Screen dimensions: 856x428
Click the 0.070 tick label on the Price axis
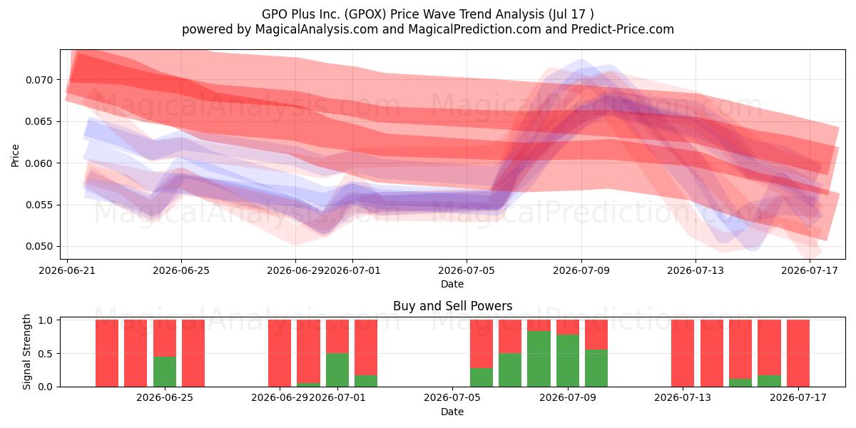coord(39,80)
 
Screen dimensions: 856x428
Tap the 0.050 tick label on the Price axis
coord(39,247)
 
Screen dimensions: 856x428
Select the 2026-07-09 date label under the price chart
coord(581,270)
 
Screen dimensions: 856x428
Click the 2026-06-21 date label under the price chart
coord(67,270)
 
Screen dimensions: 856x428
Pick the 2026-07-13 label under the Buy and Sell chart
coord(683,398)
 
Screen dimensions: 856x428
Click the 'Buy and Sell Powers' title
coord(452,306)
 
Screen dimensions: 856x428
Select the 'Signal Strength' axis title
coord(26,352)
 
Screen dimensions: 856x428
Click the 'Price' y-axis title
coord(15,156)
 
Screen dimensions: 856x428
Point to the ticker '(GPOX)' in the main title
coord(365,14)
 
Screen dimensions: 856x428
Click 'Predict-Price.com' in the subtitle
coord(623,29)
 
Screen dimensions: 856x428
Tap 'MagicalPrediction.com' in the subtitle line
coord(474,29)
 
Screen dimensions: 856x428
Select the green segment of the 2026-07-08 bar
coord(539,359)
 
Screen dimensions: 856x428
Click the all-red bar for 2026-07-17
coord(798,353)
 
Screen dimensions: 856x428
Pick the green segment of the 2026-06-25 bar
coord(165,372)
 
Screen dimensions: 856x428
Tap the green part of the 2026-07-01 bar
coord(337,370)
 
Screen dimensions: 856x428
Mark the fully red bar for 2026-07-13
coord(683,353)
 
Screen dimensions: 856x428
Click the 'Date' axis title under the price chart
coord(452,285)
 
